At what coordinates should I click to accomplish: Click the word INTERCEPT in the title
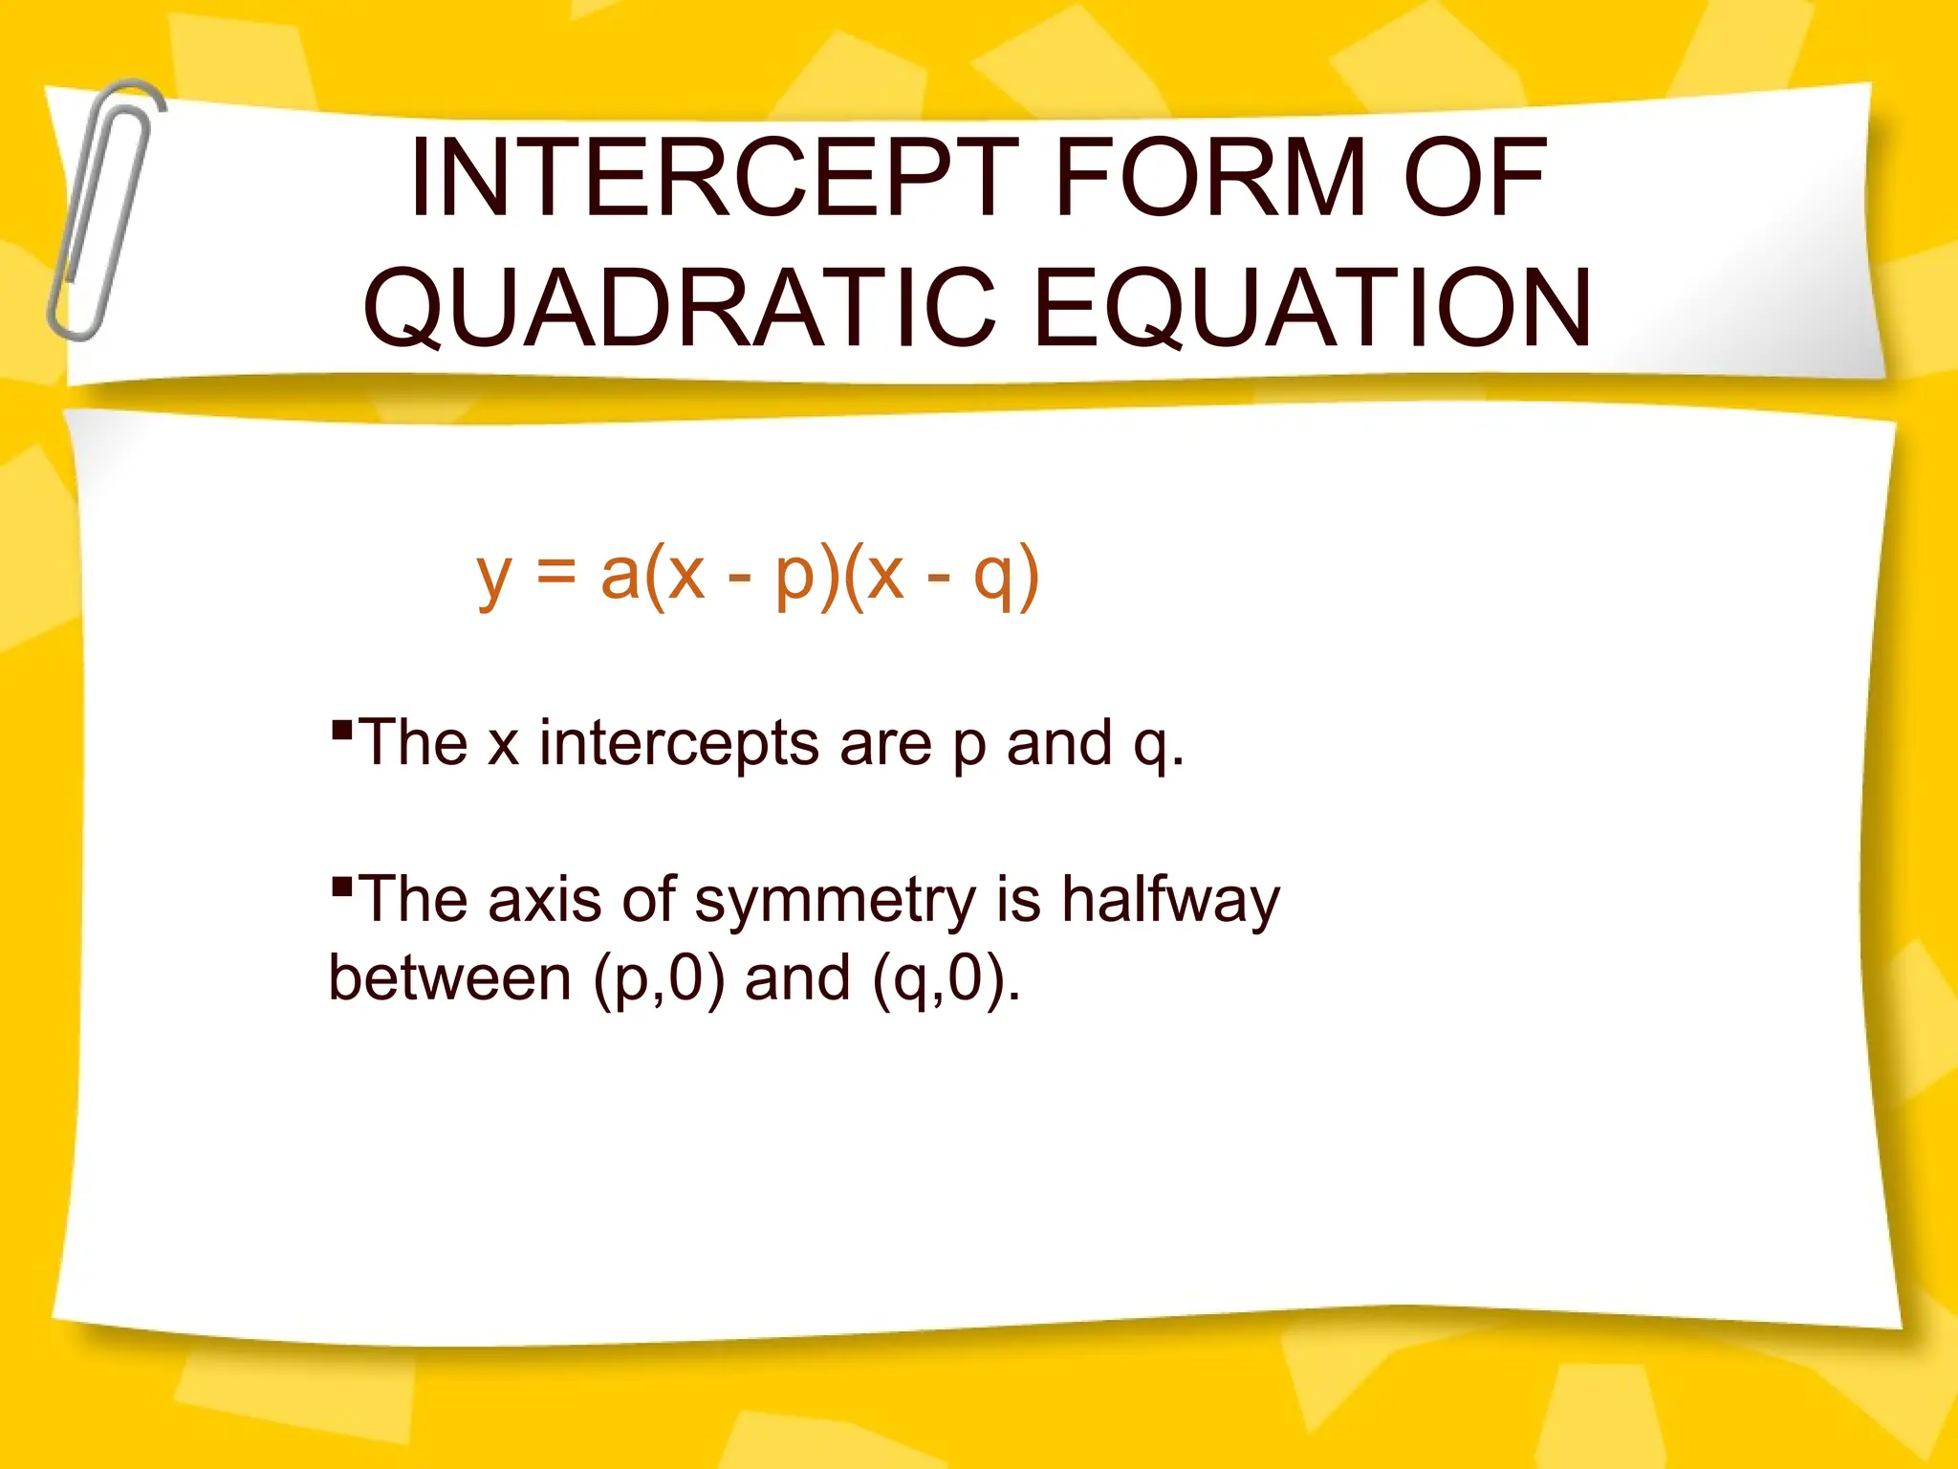pyautogui.click(x=713, y=179)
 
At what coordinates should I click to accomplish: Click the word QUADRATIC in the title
pyautogui.click(x=680, y=308)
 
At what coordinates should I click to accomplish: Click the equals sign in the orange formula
pyautogui.click(x=555, y=573)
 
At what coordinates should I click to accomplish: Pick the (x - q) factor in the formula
pyautogui.click(x=941, y=575)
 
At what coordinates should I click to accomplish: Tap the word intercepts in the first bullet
pyautogui.click(x=679, y=743)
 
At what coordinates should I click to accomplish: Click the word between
pyautogui.click(x=449, y=978)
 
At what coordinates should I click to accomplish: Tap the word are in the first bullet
pyautogui.click(x=885, y=745)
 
